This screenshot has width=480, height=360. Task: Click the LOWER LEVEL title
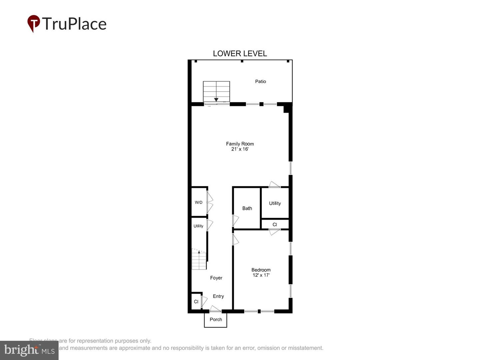pos(240,54)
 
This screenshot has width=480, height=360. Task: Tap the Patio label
pos(260,81)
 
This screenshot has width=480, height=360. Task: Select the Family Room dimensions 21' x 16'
pos(240,149)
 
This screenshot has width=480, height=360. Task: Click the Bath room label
pos(247,208)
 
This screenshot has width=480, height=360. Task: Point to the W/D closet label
pos(198,202)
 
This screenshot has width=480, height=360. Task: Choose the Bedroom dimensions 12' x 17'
pos(261,275)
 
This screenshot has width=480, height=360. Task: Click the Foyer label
pos(216,278)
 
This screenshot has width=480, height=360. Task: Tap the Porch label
pos(216,319)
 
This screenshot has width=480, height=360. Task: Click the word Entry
pos(218,296)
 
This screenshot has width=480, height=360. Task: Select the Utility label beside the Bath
pos(275,203)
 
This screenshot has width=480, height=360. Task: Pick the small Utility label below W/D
pos(198,226)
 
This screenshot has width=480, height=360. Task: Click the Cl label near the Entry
pos(196,302)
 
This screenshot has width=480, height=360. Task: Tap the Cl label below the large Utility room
pos(275,225)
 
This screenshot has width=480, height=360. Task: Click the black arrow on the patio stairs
pos(216,99)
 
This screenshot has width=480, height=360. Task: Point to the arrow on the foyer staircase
pos(199,252)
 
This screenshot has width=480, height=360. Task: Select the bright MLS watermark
pos(29,350)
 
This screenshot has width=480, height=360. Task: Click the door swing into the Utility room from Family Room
pos(274,184)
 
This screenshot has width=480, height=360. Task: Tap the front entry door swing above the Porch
pos(215,309)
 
